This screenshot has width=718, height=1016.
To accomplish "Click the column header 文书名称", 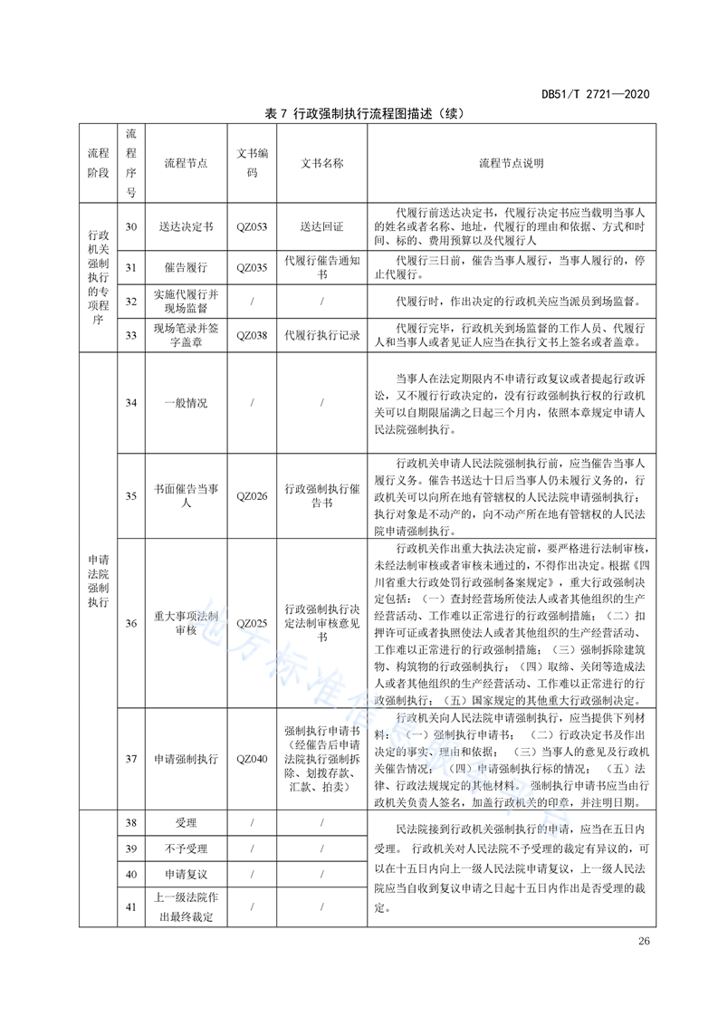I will [322, 164].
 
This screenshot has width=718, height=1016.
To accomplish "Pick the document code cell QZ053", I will [252, 227].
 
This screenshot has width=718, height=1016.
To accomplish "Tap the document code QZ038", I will [252, 335].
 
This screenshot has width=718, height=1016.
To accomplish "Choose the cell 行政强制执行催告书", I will [322, 494].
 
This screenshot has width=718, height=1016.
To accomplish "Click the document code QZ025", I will [252, 624].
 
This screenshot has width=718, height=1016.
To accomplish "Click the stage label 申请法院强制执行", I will [97, 580].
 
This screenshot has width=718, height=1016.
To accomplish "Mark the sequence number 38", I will [130, 823].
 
